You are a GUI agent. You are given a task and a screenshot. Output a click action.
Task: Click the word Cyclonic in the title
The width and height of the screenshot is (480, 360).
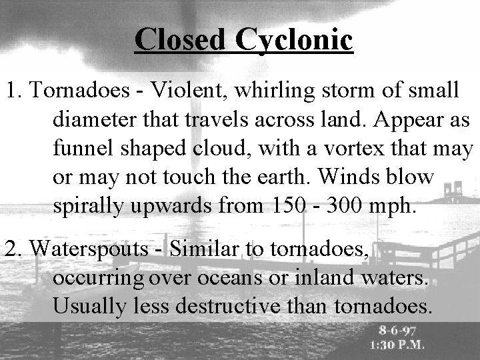(x=293, y=41)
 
